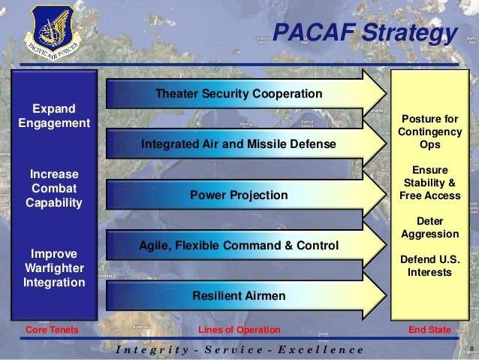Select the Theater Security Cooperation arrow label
click(238, 94)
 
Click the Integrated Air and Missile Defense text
click(238, 144)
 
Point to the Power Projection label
click(238, 195)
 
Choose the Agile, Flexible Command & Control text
click(239, 246)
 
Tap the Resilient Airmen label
click(239, 296)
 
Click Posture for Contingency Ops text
click(430, 132)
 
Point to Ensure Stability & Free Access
click(430, 183)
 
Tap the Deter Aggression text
click(430, 228)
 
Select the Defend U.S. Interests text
click(430, 266)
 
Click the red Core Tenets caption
click(52, 330)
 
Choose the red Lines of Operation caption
click(239, 330)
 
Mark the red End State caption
click(429, 330)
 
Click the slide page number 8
click(469, 349)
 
